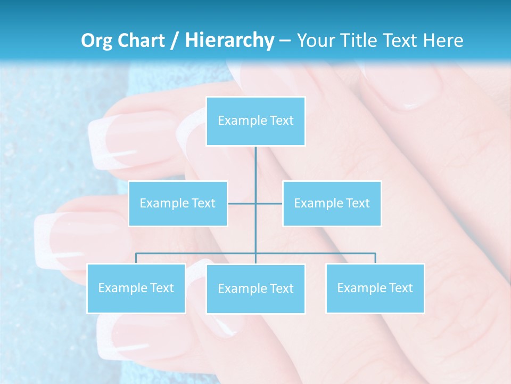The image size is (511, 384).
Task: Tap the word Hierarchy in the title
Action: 229,41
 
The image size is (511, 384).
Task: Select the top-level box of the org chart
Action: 256,121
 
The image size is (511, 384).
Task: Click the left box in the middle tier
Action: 178,203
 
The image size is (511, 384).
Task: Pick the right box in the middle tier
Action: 332,203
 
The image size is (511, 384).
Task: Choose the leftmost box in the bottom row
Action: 136,288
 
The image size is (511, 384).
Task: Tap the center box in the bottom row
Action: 256,289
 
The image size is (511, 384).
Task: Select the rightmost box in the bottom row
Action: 375,288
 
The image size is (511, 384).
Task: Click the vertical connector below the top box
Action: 256,171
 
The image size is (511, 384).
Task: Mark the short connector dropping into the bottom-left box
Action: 136,258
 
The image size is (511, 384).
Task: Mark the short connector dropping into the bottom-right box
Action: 375,258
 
